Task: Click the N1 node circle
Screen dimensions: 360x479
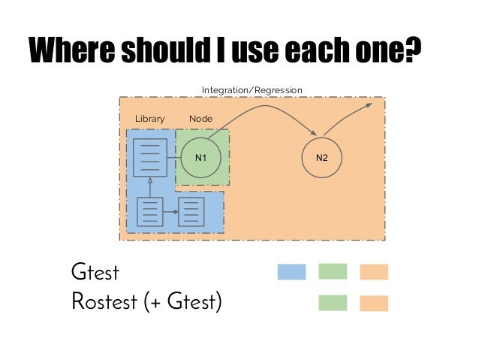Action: click(200, 158)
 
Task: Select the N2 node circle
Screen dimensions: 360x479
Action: click(322, 158)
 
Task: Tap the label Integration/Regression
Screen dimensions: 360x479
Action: click(252, 90)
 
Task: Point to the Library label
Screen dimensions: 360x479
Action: click(149, 119)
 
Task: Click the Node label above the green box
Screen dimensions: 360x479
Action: click(200, 119)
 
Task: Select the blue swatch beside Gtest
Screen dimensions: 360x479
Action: click(291, 271)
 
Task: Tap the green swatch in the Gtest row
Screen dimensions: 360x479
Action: click(333, 271)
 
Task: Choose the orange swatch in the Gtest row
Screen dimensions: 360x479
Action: click(374, 271)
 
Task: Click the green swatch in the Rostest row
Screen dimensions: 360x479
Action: click(333, 303)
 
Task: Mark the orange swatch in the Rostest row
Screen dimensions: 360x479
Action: click(374, 303)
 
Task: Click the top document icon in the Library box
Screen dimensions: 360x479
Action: click(150, 157)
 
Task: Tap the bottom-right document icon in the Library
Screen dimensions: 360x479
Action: click(191, 212)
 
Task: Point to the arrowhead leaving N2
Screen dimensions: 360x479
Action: click(369, 105)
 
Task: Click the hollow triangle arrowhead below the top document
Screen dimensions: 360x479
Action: click(150, 182)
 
